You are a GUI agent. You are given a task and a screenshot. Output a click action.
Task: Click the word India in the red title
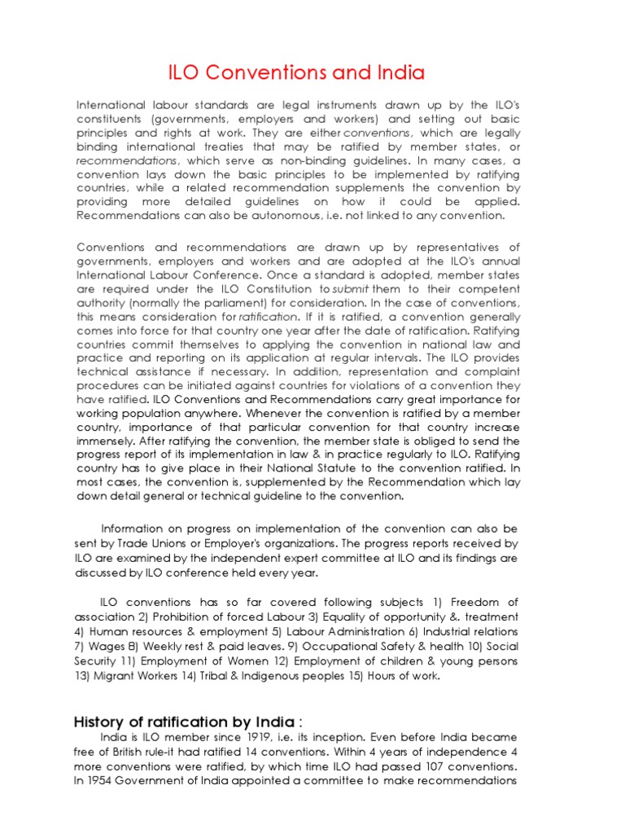click(398, 73)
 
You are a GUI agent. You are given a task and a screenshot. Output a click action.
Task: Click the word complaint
click(488, 371)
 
